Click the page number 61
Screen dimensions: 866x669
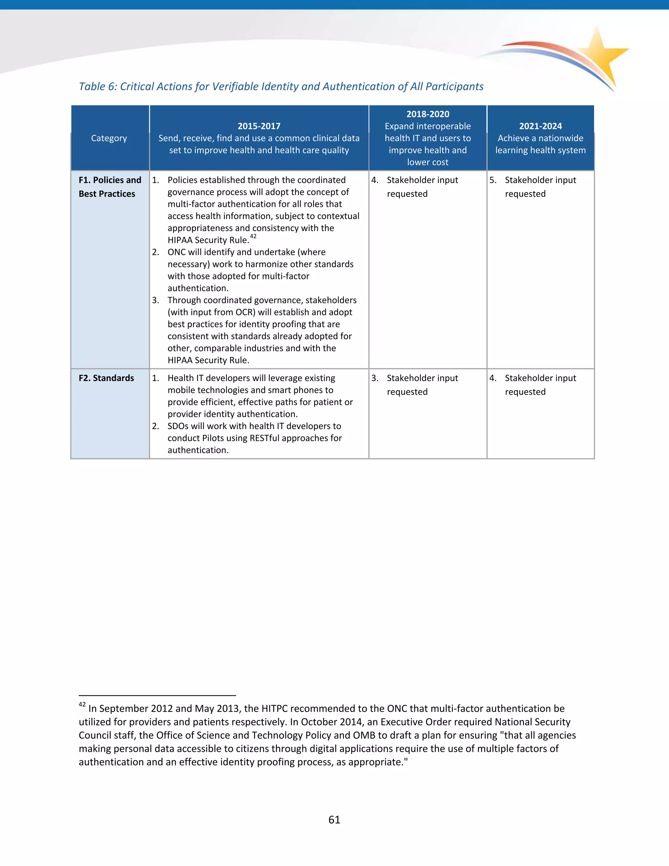334,820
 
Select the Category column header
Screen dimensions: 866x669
109,138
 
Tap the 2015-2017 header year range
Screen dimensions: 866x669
259,126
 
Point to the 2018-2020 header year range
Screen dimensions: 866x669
428,114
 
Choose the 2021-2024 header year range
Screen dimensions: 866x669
540,126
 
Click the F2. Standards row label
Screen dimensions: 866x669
106,378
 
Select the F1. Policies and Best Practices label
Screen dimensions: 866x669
110,187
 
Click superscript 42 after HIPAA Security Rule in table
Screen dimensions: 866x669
253,236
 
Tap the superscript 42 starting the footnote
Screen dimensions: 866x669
82,705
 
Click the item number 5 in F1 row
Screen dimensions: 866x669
492,180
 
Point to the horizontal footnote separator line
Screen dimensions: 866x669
157,695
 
